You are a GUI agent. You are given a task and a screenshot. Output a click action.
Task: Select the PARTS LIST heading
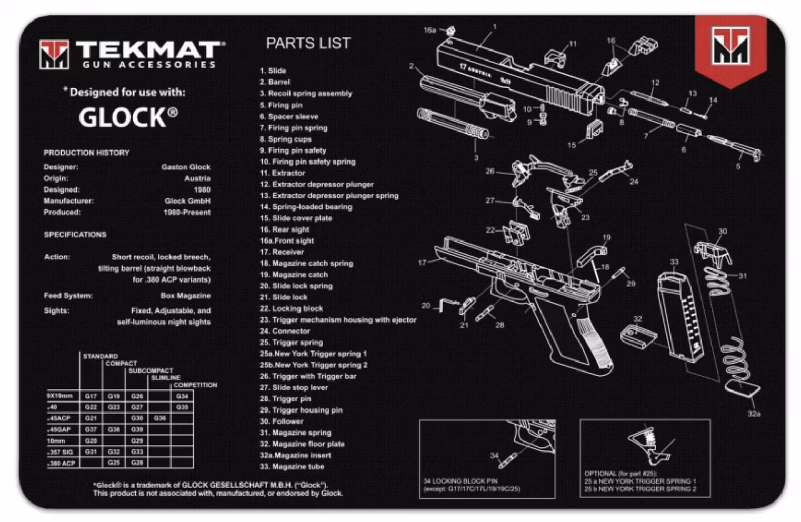click(x=308, y=43)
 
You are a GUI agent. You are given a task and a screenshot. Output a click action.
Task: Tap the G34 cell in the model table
click(x=182, y=396)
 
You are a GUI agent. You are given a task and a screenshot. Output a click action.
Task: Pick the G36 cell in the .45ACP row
click(x=160, y=418)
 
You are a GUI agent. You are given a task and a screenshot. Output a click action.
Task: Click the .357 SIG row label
click(x=61, y=452)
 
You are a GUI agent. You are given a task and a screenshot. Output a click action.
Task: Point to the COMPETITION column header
click(x=195, y=385)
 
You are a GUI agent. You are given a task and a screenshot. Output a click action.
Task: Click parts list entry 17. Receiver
click(x=282, y=252)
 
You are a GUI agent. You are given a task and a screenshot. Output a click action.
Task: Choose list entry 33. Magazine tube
click(x=292, y=467)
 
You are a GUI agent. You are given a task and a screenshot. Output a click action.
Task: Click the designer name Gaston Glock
click(x=186, y=167)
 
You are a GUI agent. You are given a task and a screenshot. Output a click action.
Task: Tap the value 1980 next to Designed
click(x=202, y=190)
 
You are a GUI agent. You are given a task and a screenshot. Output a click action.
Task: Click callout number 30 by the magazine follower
click(x=723, y=231)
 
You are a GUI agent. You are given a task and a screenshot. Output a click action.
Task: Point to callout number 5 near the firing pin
click(x=738, y=166)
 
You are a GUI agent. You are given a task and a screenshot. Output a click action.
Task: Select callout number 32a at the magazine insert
click(x=754, y=414)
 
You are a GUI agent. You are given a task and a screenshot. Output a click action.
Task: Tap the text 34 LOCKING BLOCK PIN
click(x=460, y=481)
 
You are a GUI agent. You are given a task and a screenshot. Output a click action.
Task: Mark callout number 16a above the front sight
click(x=429, y=31)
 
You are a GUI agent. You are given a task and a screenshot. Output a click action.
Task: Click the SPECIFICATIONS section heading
click(x=75, y=235)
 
